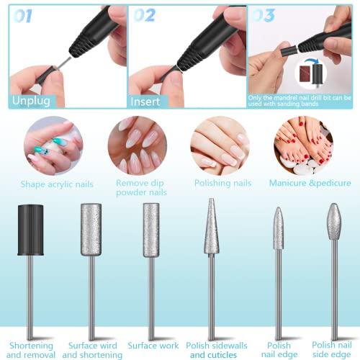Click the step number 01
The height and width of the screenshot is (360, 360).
(x=22, y=15)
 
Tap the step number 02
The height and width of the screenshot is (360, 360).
(x=143, y=15)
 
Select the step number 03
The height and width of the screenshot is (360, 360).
(x=264, y=15)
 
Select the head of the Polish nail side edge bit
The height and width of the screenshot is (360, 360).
(x=333, y=224)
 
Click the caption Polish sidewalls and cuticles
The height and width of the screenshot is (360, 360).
(x=213, y=348)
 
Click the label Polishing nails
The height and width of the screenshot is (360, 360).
(x=222, y=184)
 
